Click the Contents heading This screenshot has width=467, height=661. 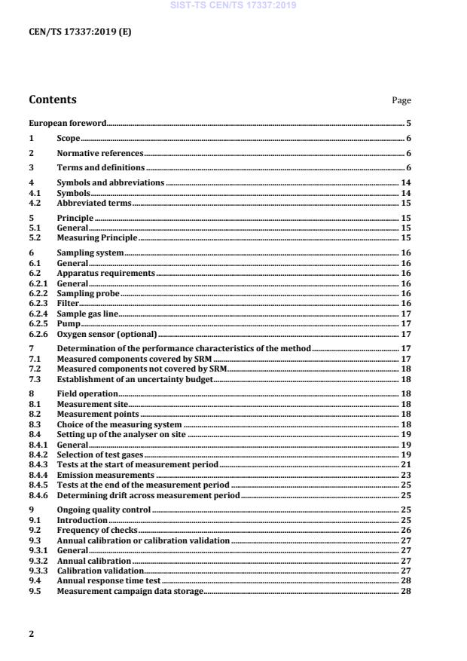pos(52,99)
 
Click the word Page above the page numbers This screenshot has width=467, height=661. pos(401,100)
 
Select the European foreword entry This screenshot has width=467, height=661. pos(67,122)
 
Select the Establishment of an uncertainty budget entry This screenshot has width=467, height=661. pos(135,380)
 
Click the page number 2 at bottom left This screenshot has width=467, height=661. pos(31,634)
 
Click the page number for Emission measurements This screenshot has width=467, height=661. pos(406,475)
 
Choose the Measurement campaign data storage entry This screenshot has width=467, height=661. pos(130,592)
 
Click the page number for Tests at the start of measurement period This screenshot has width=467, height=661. pos(406,465)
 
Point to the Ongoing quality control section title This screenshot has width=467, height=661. pos(104,510)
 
